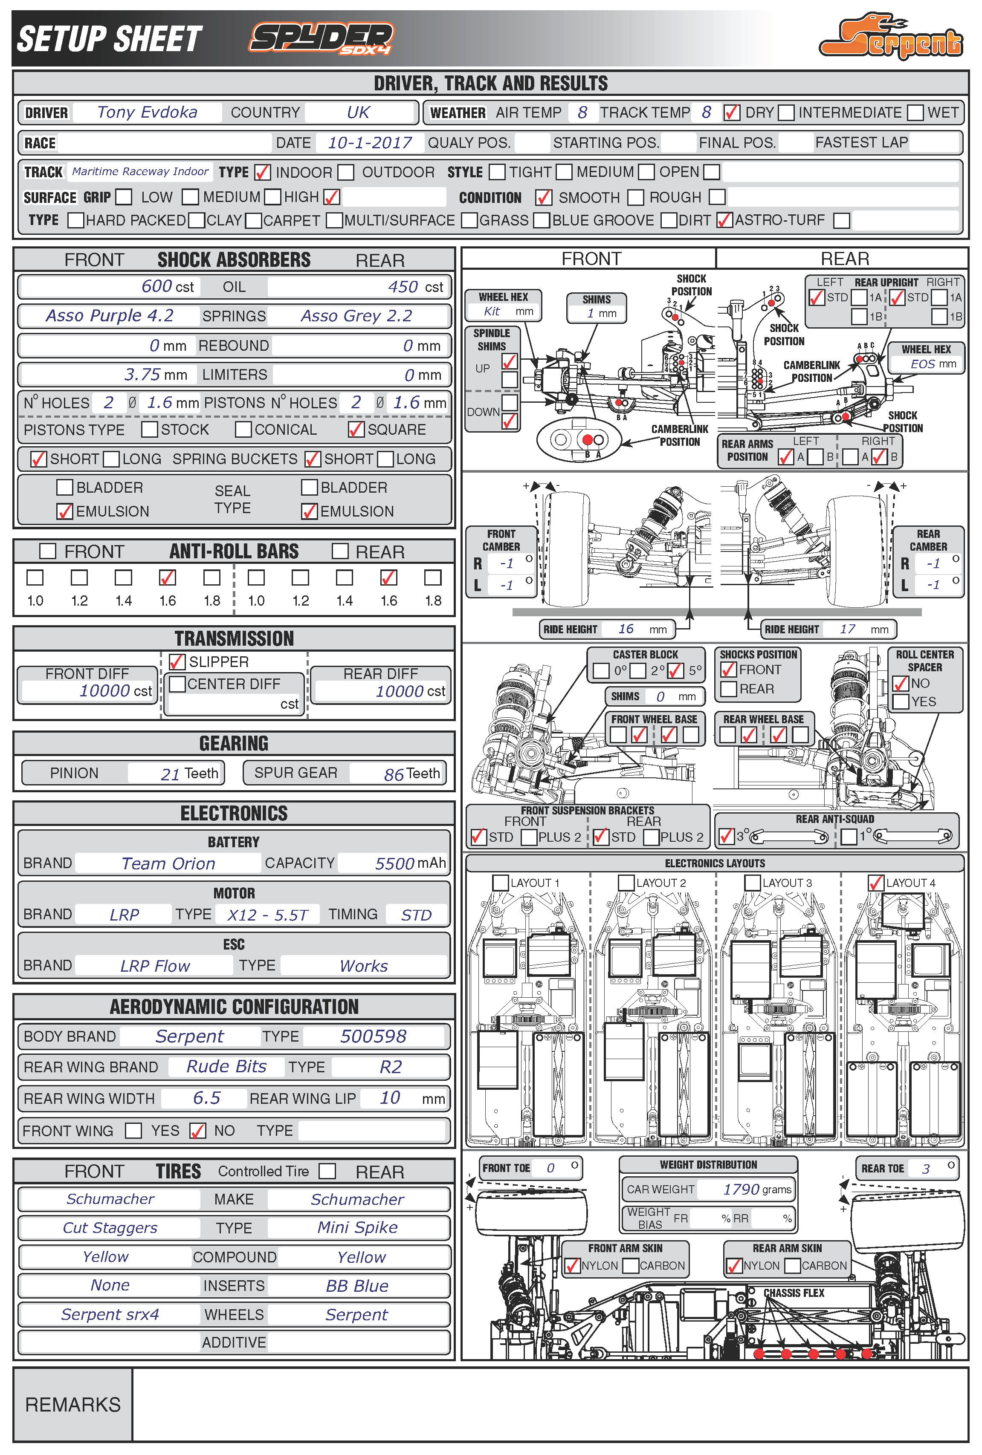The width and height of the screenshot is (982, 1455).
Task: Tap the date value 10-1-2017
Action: tap(370, 143)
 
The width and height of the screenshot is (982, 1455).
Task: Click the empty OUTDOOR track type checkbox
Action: tap(346, 172)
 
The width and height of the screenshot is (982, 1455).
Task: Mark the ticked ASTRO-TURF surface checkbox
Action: tap(724, 220)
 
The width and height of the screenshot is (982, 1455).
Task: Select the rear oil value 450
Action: tap(403, 287)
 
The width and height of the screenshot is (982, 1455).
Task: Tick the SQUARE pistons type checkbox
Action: tap(356, 429)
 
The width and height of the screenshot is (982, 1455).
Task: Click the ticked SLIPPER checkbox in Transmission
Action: tap(177, 661)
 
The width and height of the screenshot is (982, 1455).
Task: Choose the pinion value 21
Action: tap(171, 774)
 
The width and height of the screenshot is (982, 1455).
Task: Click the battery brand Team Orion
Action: tap(168, 863)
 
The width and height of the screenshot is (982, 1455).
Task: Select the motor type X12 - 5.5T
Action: tap(267, 915)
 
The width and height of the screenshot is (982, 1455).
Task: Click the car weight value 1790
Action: tap(741, 1189)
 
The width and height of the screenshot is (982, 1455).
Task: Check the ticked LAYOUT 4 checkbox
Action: tap(875, 882)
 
